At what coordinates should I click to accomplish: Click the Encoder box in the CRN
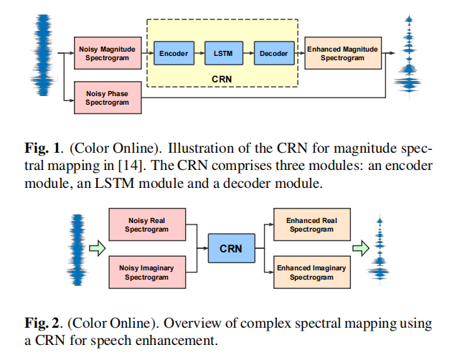(174, 54)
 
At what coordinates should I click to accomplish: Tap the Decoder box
(273, 54)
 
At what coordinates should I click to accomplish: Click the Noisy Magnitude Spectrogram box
(107, 53)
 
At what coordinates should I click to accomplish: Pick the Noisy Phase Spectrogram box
(107, 98)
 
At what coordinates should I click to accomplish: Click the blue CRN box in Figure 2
(230, 249)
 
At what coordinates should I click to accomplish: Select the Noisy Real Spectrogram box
(147, 224)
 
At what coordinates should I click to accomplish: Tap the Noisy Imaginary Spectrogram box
(147, 273)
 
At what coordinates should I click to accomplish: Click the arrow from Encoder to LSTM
(199, 54)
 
